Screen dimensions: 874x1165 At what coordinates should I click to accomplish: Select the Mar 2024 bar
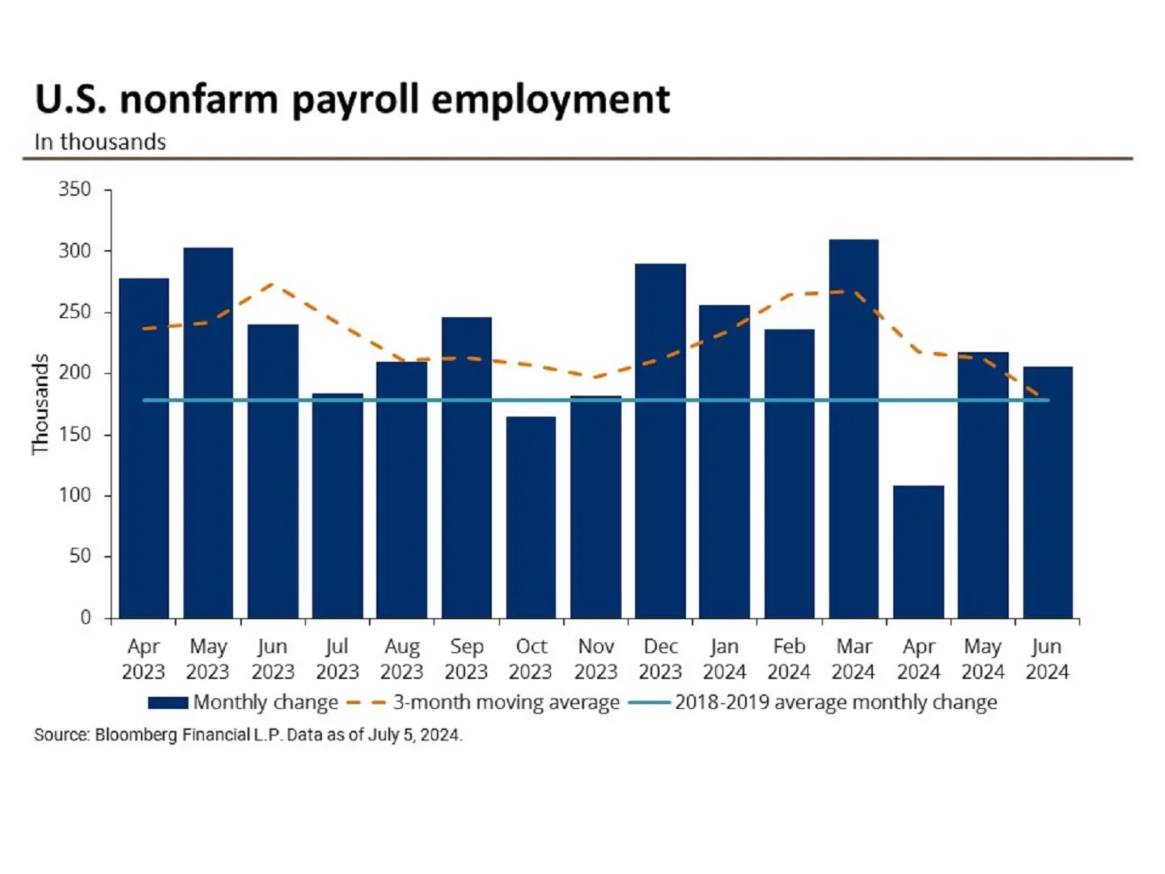click(x=854, y=429)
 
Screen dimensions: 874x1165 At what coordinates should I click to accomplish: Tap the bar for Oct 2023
click(x=531, y=518)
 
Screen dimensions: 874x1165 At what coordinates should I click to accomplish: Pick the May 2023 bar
click(x=208, y=433)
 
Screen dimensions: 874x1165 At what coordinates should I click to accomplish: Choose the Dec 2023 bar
click(x=660, y=441)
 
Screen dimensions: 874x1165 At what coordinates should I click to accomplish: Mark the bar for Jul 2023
click(x=337, y=506)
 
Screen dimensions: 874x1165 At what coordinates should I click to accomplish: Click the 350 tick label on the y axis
click(x=74, y=189)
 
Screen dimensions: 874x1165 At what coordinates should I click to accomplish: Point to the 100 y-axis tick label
click(x=74, y=495)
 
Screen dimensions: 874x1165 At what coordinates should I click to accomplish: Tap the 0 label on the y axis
click(x=85, y=617)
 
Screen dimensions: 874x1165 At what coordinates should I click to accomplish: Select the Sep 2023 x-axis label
click(x=466, y=659)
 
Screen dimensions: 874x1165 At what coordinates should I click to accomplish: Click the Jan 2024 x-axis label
click(x=724, y=659)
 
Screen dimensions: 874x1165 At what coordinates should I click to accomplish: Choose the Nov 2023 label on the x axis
click(x=595, y=659)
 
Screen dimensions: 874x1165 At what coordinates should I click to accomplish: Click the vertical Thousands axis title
click(x=40, y=405)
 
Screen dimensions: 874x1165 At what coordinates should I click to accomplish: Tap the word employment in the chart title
click(x=550, y=100)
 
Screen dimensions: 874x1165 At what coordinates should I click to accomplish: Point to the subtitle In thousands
click(x=100, y=142)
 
